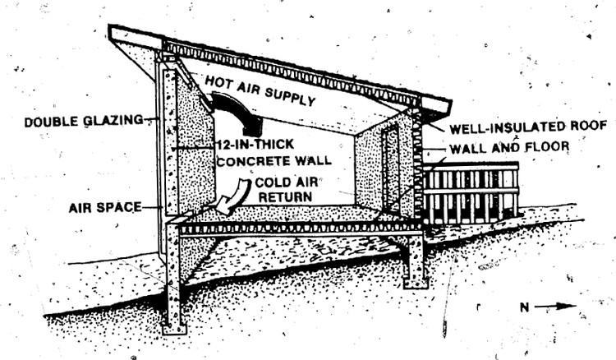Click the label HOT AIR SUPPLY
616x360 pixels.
260,91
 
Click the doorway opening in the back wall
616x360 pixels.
390,168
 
